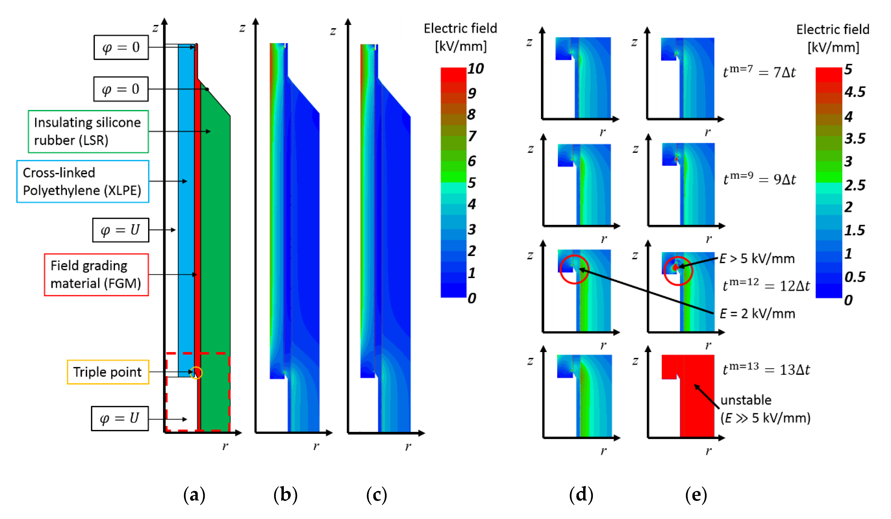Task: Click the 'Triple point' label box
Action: [x=108, y=372]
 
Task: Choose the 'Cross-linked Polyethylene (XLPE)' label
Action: [x=83, y=181]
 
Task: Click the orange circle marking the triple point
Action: [x=196, y=373]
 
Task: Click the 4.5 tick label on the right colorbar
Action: [x=855, y=92]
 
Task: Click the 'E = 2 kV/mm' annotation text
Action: [x=757, y=313]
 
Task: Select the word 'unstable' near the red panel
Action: [x=746, y=400]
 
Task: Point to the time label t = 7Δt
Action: [x=759, y=72]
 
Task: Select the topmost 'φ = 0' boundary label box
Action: [x=121, y=47]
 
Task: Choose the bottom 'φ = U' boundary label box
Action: [x=120, y=419]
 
